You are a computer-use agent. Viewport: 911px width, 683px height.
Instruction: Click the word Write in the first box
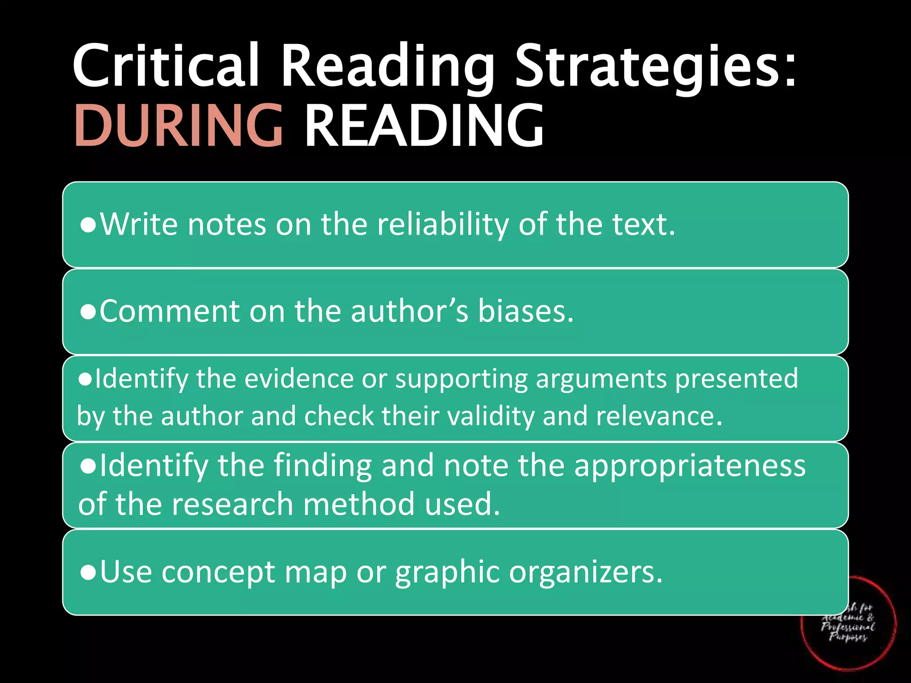point(139,224)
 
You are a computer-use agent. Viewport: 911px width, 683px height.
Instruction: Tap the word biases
point(525,311)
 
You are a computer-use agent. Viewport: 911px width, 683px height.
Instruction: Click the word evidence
point(298,379)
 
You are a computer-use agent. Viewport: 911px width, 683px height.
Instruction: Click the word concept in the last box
point(218,572)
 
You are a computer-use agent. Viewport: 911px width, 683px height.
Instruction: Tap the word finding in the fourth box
point(322,466)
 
